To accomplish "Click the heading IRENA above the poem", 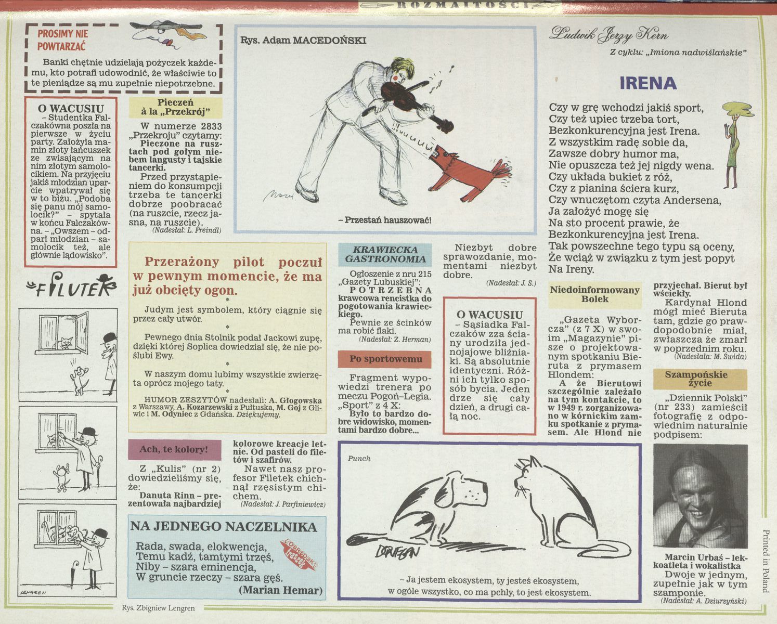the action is [x=648, y=83].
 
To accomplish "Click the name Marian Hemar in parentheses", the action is [x=280, y=590].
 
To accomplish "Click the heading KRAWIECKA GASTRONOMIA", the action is [x=385, y=254].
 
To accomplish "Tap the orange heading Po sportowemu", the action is [x=385, y=359].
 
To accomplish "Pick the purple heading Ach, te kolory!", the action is [x=174, y=450].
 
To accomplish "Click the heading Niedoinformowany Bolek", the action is [x=594, y=294].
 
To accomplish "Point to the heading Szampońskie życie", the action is [x=700, y=379].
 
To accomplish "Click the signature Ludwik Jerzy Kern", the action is [x=608, y=35].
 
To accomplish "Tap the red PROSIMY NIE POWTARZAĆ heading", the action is [x=63, y=40].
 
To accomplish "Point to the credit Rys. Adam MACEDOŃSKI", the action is [x=303, y=40].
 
